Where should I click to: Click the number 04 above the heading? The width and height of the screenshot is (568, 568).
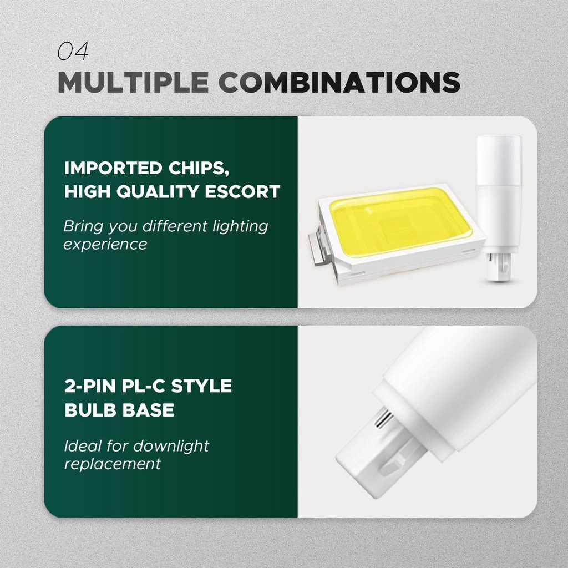pos(73,51)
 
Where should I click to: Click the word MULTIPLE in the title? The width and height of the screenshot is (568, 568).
pos(133,82)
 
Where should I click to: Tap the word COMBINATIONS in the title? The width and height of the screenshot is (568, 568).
pos(339,82)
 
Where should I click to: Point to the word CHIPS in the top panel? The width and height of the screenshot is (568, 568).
pos(199,169)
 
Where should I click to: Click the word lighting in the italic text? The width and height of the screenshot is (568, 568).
pos(240,227)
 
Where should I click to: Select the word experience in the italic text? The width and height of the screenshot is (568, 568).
pos(105,245)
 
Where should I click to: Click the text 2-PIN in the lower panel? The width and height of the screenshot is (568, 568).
pos(90,386)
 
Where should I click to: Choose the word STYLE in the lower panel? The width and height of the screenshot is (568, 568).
pos(201,386)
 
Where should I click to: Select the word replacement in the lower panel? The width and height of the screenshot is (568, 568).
pos(112,464)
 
